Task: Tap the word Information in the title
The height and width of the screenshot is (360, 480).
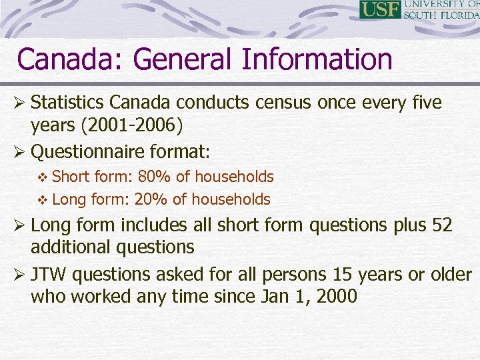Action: [317, 59]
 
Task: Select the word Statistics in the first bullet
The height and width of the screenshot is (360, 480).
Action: [68, 103]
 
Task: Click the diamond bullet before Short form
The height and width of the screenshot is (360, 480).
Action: [43, 177]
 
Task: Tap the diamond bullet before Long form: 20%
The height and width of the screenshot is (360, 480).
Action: [43, 200]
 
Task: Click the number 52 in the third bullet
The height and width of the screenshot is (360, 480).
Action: [442, 225]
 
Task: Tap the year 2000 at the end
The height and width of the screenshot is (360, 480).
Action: [337, 297]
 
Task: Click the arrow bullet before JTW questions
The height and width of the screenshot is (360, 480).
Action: [21, 275]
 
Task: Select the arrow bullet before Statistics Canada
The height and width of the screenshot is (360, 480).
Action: [21, 104]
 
